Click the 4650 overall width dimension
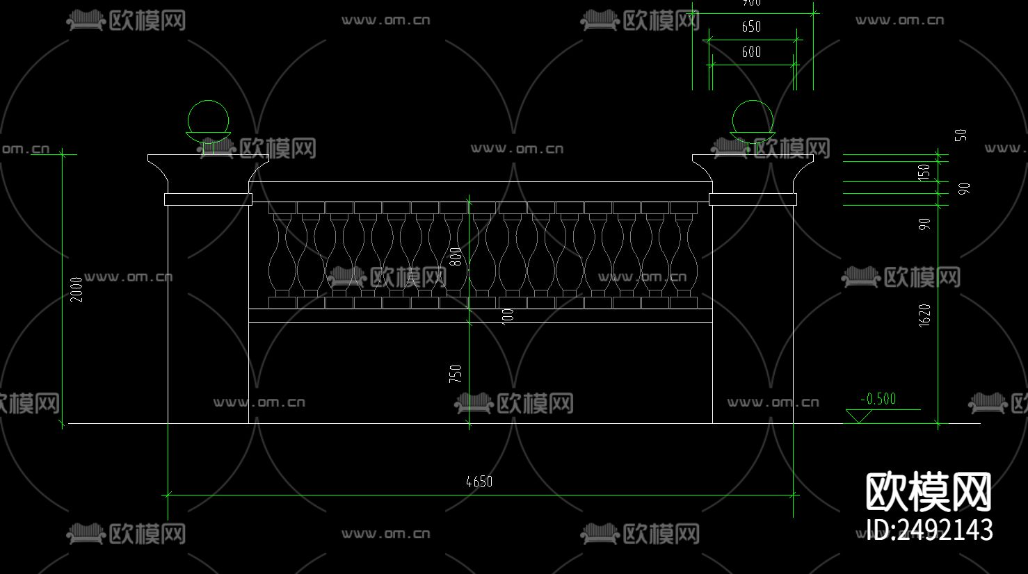coord(479,482)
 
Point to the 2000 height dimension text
coord(77,289)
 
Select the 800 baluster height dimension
coord(456,256)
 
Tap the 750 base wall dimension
coord(456,374)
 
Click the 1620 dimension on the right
coord(924,315)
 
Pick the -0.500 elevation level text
coord(878,399)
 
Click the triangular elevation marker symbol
coord(859,416)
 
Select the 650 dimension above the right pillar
coord(751,26)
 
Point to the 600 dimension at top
coord(751,51)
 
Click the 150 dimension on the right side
coord(924,171)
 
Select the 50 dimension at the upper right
coord(961,135)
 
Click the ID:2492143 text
coord(929,530)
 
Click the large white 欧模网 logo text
coord(929,492)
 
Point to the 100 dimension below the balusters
coord(508,315)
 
